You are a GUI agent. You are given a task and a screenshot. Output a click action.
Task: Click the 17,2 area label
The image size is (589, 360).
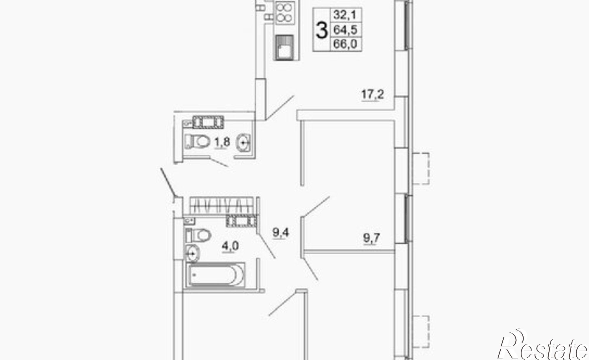coord(373,95)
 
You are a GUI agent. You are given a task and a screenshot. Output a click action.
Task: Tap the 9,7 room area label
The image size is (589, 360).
coord(371,238)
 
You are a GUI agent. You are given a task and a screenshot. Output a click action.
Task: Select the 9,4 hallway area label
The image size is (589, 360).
coord(281,233)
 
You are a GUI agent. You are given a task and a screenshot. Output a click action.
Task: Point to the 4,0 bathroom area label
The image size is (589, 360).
coord(230,246)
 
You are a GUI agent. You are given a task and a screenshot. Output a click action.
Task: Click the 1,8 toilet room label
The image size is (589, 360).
coord(222,142)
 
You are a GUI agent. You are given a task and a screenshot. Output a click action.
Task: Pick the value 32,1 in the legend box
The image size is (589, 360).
coord(345,15)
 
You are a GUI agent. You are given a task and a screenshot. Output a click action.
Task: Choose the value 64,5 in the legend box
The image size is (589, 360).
coord(345,29)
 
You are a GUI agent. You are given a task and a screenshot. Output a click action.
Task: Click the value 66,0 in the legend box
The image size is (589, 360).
coord(345,44)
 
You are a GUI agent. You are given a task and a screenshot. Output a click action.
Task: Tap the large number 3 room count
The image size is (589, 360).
coord(322,30)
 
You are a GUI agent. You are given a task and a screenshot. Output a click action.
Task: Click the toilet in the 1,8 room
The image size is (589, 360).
coord(196,141)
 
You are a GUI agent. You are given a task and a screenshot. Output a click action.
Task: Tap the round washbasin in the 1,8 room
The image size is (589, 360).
coord(244,143)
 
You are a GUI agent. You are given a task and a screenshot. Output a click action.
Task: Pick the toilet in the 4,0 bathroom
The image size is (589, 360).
coord(198,235)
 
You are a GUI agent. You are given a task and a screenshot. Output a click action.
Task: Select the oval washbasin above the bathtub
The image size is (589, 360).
coord(192,253)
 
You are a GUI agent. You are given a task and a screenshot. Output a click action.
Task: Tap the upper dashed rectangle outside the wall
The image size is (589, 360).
coord(421,168)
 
